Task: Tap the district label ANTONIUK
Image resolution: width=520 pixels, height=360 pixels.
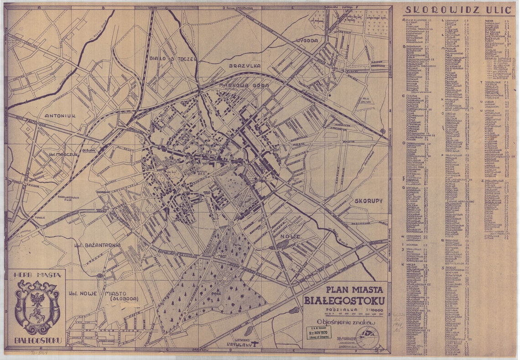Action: pyautogui.click(x=60, y=116)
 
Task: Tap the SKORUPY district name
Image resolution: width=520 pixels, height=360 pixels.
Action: pyautogui.click(x=368, y=201)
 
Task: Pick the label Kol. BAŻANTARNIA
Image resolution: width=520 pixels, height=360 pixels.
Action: pyautogui.click(x=97, y=245)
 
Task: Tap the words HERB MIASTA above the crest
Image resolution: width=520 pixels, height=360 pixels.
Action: pyautogui.click(x=35, y=276)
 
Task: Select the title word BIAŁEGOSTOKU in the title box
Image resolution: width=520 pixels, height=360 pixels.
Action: pyautogui.click(x=344, y=300)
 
